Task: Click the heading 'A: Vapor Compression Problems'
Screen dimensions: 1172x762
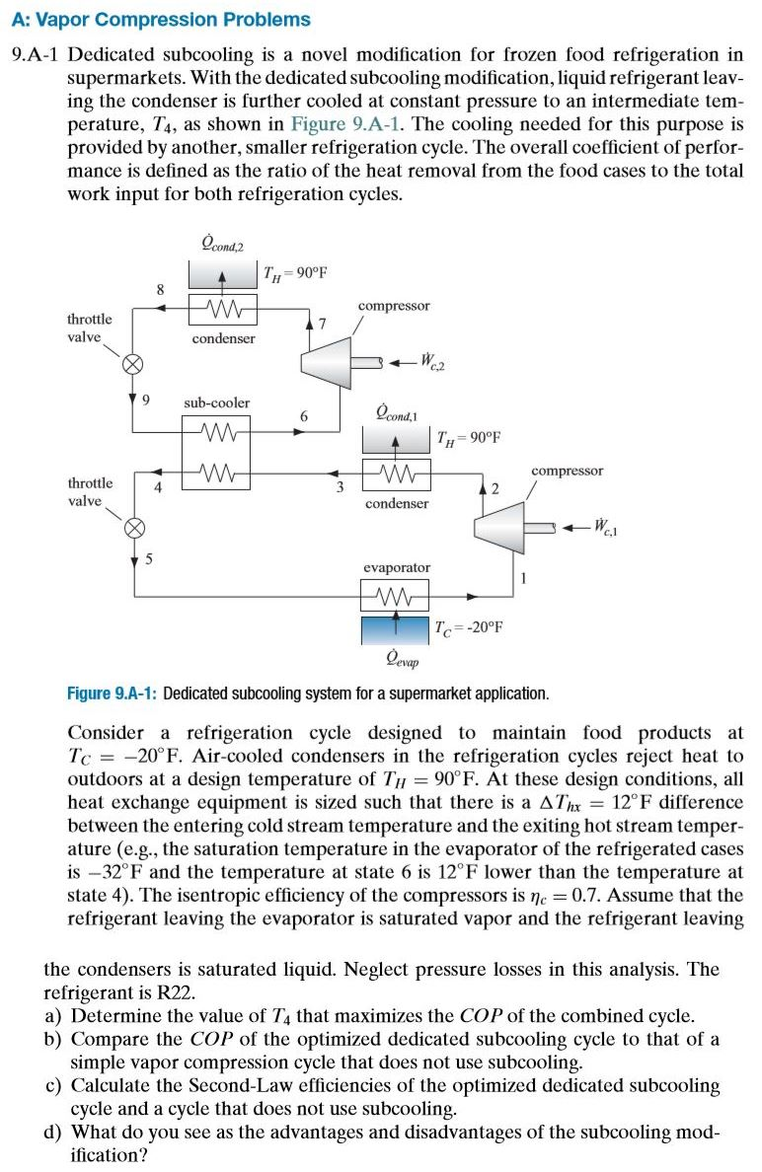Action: (160, 20)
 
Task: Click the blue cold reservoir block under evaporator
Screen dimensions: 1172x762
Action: (396, 626)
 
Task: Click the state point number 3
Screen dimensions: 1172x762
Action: (340, 485)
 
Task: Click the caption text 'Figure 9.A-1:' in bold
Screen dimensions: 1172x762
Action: (112, 694)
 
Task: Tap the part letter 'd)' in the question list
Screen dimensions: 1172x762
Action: (55, 1132)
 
